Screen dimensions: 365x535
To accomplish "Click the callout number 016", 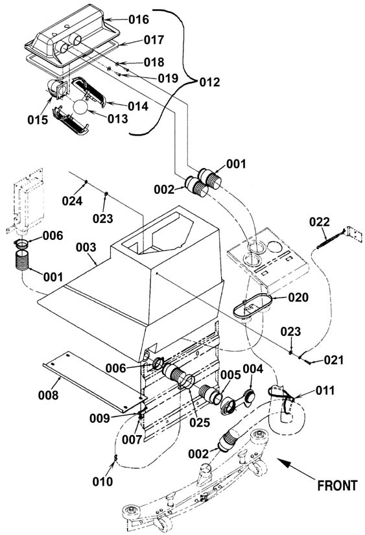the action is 139,20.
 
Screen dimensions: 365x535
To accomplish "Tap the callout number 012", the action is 209,82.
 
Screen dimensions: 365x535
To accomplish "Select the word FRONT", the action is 337,485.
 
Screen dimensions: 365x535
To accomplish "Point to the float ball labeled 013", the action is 80,107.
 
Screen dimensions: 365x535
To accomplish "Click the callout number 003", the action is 86,247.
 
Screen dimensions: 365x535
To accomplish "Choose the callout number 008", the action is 48,395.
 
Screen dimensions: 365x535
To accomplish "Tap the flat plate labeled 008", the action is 95,381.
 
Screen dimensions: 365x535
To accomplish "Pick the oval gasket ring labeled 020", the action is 252,305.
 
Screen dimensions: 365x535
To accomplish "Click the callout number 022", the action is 319,222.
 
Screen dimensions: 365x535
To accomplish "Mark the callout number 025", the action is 200,422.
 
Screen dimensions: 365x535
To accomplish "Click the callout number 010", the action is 102,481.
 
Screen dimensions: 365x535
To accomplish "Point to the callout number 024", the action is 72,201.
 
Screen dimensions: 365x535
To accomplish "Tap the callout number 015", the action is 38,120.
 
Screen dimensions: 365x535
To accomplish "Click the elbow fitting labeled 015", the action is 56,89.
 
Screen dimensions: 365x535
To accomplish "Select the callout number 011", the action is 325,390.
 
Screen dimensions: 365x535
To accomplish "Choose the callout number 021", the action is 334,360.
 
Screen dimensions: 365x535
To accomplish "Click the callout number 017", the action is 154,40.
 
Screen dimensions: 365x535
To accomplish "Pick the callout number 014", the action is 138,106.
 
